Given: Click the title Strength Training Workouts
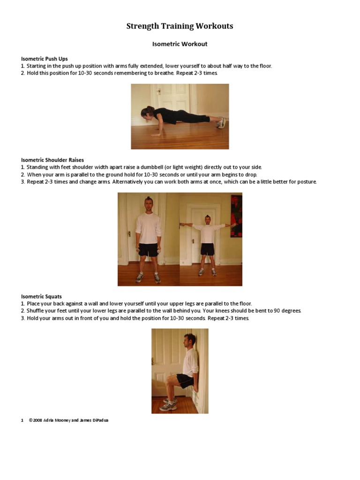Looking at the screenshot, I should pyautogui.click(x=180, y=26).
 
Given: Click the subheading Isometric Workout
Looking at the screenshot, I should pyautogui.click(x=180, y=44).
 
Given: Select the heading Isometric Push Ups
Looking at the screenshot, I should pyautogui.click(x=45, y=59).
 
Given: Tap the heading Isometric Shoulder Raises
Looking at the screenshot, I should pyautogui.click(x=52, y=160).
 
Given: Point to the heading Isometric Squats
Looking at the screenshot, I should pyautogui.click(x=41, y=296).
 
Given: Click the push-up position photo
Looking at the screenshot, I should pyautogui.click(x=180, y=116).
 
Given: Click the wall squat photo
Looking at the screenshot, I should pyautogui.click(x=180, y=370).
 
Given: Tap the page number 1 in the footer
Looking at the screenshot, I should pyautogui.click(x=22, y=420).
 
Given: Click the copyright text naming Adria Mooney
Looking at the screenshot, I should pyautogui.click(x=68, y=420).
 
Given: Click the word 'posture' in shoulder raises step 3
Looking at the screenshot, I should pyautogui.click(x=306, y=182).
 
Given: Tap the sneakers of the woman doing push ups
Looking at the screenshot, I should pyautogui.click(x=222, y=123).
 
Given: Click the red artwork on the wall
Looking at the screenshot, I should pyautogui.click(x=237, y=216).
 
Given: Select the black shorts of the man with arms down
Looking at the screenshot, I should pyautogui.click(x=149, y=249).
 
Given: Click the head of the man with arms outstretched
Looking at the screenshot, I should pyautogui.click(x=207, y=219).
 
